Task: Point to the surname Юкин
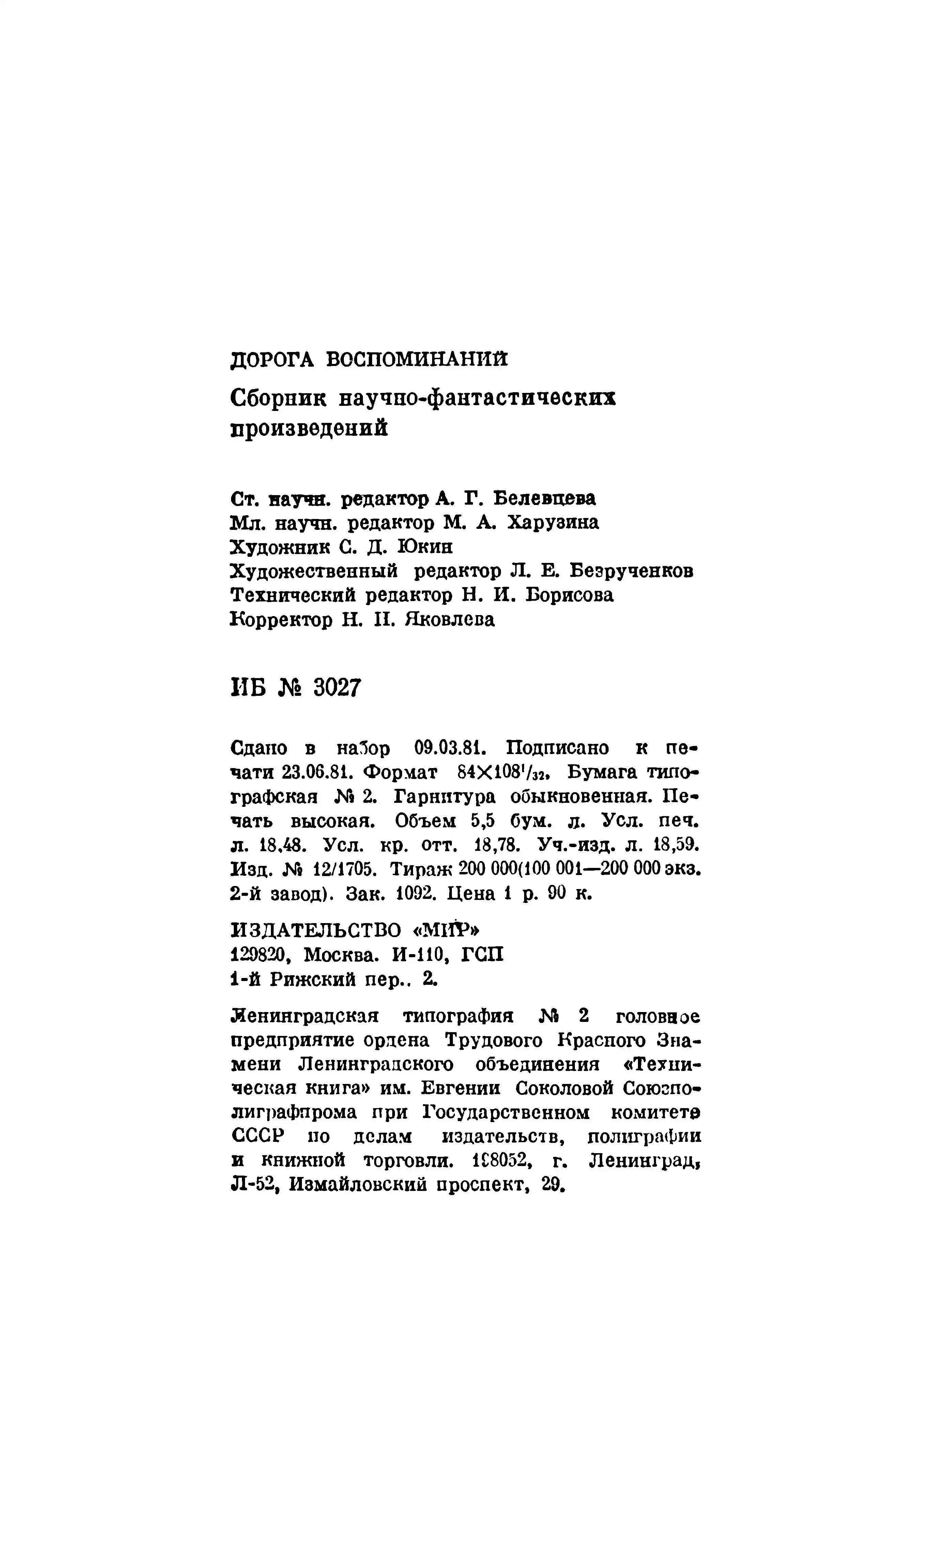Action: click(x=425, y=547)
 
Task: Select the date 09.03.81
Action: click(x=447, y=748)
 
